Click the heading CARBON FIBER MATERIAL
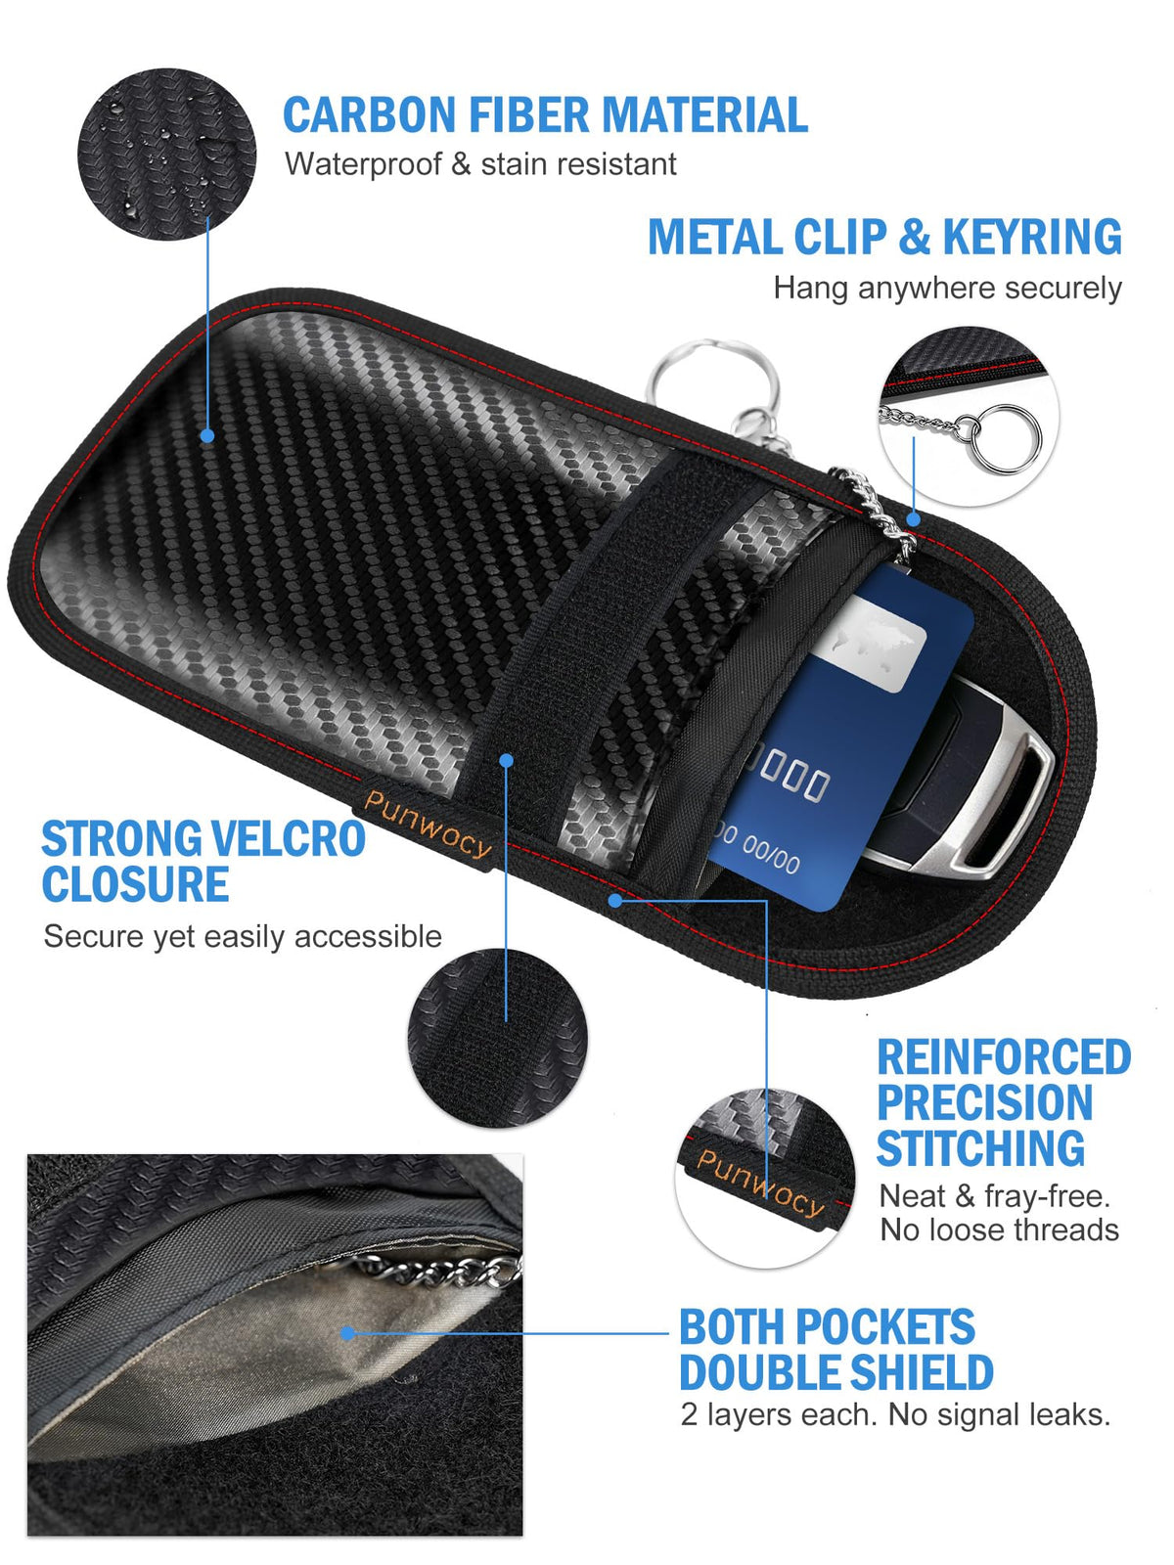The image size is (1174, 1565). (x=545, y=114)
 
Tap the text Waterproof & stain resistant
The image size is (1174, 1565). (x=480, y=164)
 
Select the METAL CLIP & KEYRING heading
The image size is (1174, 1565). (x=884, y=237)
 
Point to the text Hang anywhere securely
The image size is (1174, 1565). (x=947, y=288)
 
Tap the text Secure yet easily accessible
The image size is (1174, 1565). (x=243, y=936)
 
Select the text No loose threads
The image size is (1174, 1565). (x=999, y=1230)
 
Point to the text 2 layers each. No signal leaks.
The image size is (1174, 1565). (x=895, y=1414)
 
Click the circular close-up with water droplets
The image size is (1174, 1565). (x=166, y=154)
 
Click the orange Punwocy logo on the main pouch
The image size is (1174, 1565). (x=428, y=825)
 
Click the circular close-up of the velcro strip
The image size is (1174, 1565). (x=498, y=1039)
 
